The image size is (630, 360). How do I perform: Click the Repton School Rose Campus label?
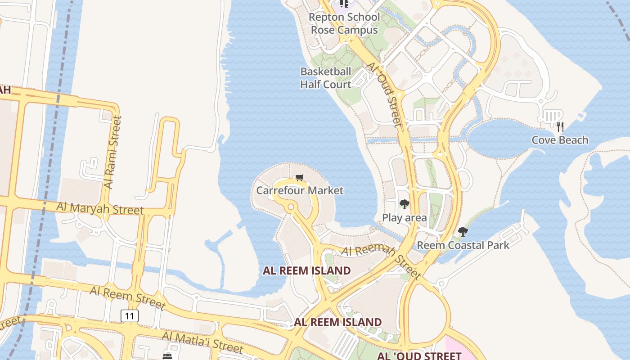345,23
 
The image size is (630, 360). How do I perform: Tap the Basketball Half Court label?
326,78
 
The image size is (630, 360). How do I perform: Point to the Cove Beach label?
560,140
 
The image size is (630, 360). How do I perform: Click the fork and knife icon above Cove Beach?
560,126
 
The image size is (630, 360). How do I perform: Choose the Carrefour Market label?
300,190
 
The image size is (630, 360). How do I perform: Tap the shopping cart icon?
300,178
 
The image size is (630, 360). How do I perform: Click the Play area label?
404,218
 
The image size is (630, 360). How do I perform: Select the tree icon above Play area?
405,204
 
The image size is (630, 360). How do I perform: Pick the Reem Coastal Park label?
463,245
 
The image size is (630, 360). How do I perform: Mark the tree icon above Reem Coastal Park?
463,232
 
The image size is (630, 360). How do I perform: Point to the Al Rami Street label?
112,152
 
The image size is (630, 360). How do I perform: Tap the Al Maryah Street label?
100,208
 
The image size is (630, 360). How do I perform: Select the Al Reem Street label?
127,297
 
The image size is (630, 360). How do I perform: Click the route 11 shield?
130,316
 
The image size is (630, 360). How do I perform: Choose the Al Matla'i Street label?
202,342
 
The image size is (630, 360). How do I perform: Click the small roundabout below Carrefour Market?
291,207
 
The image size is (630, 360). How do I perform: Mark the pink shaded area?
459,349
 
